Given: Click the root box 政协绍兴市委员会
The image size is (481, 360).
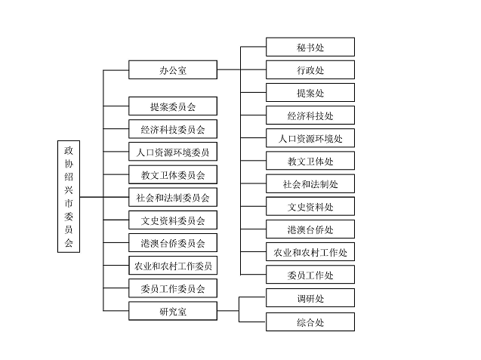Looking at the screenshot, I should [x=69, y=197].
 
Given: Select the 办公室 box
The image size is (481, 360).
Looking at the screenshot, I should [x=173, y=70].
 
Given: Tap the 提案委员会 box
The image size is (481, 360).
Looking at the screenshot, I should [x=173, y=106].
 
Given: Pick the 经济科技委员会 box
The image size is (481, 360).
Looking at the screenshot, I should [x=173, y=129].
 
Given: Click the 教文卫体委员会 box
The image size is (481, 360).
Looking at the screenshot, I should [x=173, y=175].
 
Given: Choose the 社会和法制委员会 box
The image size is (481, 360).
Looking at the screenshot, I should [x=173, y=198].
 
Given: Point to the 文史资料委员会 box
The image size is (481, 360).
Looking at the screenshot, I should [x=173, y=220].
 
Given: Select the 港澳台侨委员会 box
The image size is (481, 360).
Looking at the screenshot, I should [x=173, y=243].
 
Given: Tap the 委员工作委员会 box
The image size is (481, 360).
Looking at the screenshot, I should [x=173, y=288].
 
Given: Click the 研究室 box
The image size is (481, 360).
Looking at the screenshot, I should [x=173, y=311].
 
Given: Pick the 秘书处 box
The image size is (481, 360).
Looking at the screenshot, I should [x=310, y=47].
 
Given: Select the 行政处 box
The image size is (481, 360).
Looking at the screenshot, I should [x=310, y=70].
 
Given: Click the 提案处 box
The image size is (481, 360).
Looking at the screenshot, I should [x=310, y=93].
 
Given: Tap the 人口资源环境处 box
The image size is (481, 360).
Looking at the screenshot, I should [x=310, y=138].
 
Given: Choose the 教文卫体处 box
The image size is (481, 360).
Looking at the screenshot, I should [x=310, y=161].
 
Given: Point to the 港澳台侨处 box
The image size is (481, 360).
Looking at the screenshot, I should [x=310, y=229].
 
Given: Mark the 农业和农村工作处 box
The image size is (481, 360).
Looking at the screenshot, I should [x=310, y=252].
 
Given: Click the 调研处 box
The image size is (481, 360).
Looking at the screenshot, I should [x=310, y=298].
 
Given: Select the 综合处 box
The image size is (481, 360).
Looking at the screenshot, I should [x=310, y=322].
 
